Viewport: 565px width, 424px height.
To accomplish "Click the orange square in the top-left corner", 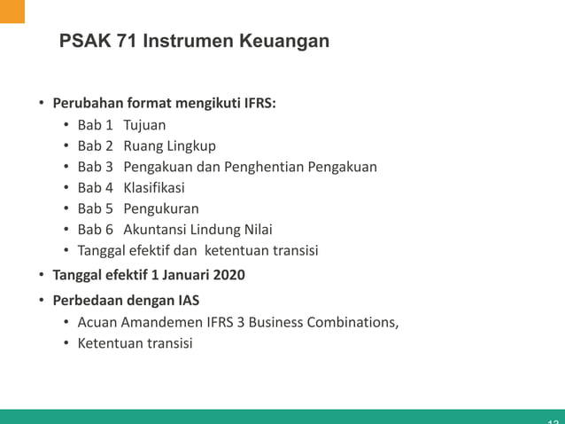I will click(x=12, y=12).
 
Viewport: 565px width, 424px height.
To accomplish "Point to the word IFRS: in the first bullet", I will click(x=257, y=103).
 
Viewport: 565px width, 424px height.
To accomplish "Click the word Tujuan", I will click(x=144, y=125).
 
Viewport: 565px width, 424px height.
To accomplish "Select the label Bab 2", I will click(x=95, y=145).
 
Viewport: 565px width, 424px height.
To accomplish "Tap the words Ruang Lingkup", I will click(x=169, y=145).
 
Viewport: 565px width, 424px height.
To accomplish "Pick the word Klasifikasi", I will click(x=154, y=187).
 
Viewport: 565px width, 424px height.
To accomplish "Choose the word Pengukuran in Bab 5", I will click(x=161, y=208).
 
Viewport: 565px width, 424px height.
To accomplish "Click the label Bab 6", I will click(x=95, y=230).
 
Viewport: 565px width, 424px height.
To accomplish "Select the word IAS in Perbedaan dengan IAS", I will click(x=187, y=300).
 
